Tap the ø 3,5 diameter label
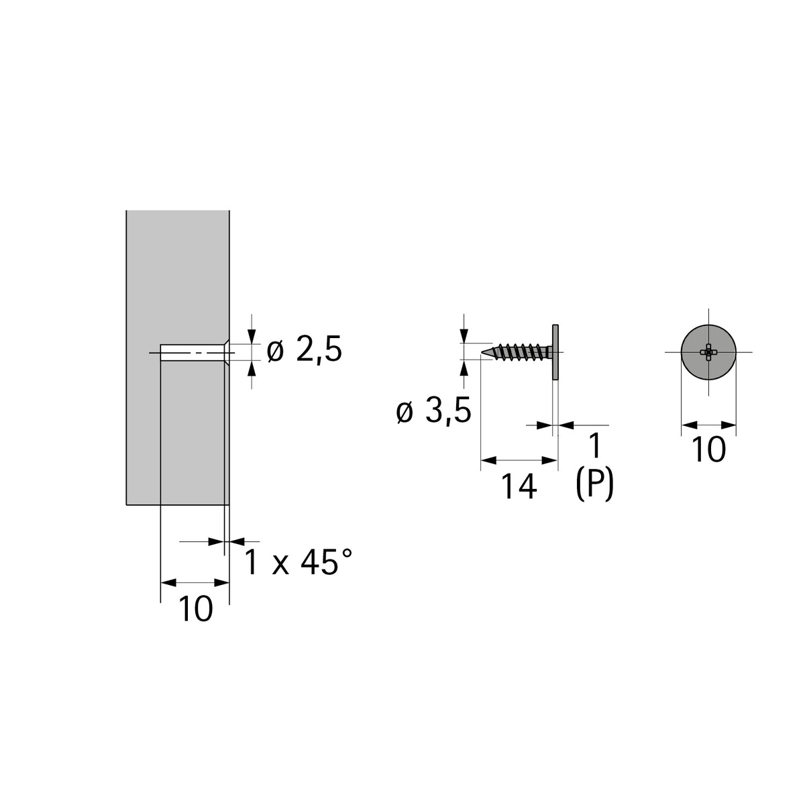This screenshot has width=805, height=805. [433, 411]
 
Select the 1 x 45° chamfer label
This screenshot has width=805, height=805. [299, 562]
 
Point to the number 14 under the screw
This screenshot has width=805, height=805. [519, 487]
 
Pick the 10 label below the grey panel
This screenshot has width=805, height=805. [195, 609]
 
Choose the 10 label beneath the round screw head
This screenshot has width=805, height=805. [708, 449]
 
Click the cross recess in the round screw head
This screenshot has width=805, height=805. [708, 352]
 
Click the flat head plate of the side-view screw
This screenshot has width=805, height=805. [555, 352]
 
